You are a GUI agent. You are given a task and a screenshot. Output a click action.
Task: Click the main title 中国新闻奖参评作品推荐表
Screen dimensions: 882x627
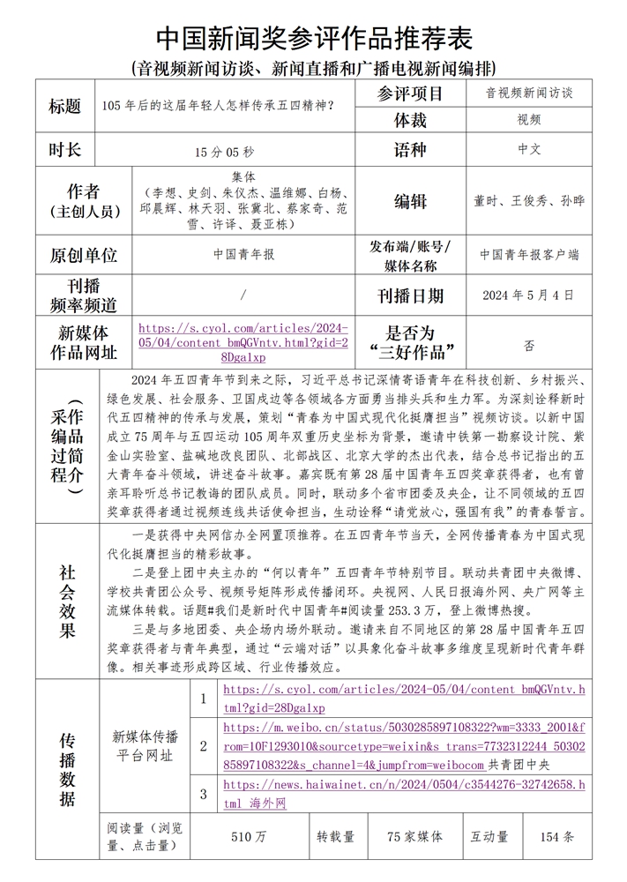(314, 37)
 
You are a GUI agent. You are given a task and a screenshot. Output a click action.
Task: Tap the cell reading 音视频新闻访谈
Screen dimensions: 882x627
(528, 92)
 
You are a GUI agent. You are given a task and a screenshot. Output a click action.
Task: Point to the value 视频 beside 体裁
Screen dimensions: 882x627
(529, 119)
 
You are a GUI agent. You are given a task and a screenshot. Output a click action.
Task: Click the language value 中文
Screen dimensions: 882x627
(529, 149)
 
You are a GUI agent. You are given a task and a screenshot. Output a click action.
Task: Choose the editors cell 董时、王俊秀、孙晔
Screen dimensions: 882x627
(529, 201)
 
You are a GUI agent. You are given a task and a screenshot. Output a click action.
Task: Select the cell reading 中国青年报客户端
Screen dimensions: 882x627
(529, 254)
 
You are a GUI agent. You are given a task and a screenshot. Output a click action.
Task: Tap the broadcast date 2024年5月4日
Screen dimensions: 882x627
(529, 295)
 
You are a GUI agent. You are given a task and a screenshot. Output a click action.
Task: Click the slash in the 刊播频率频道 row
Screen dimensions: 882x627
(243, 295)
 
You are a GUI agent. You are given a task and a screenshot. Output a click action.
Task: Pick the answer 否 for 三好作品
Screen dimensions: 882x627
(529, 346)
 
